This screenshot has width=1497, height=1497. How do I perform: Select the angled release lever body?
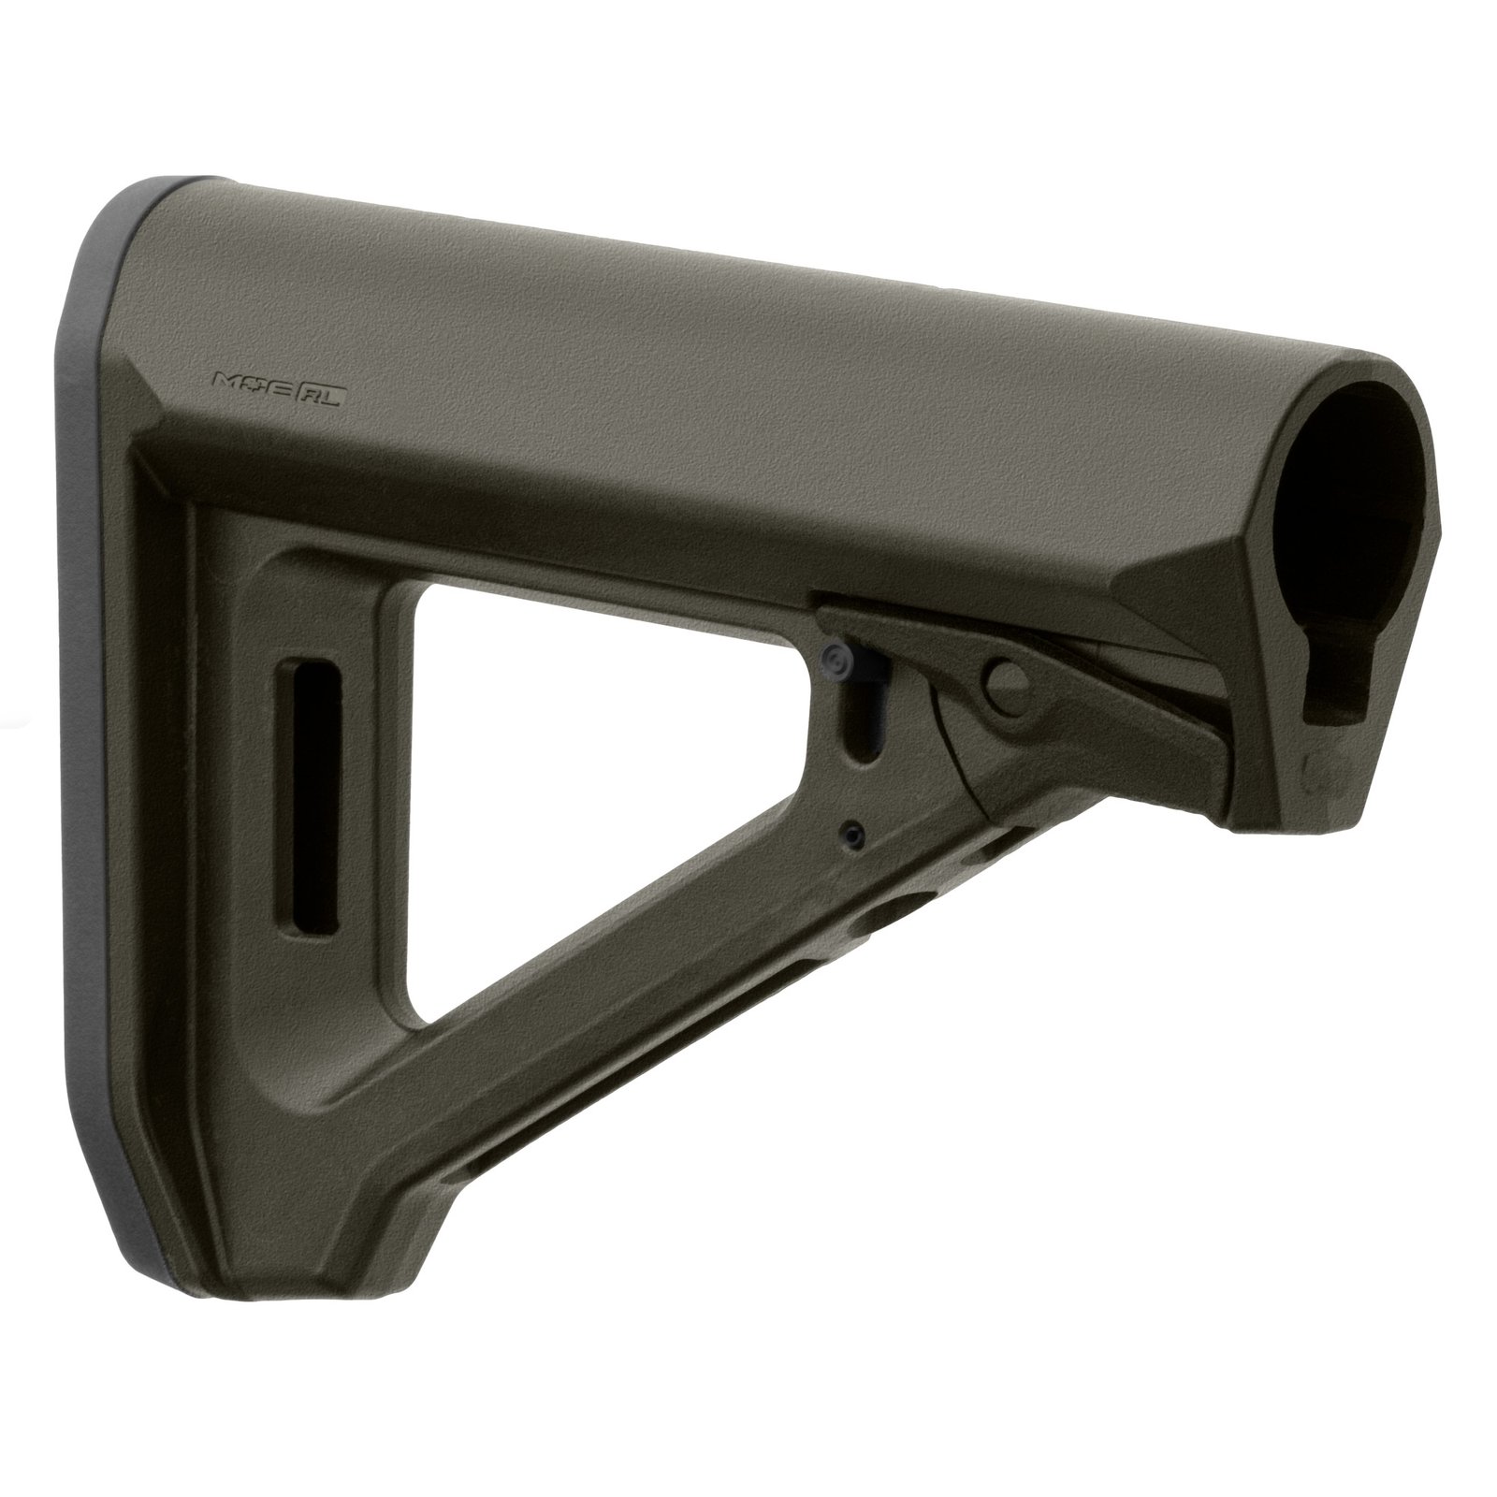1076,692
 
